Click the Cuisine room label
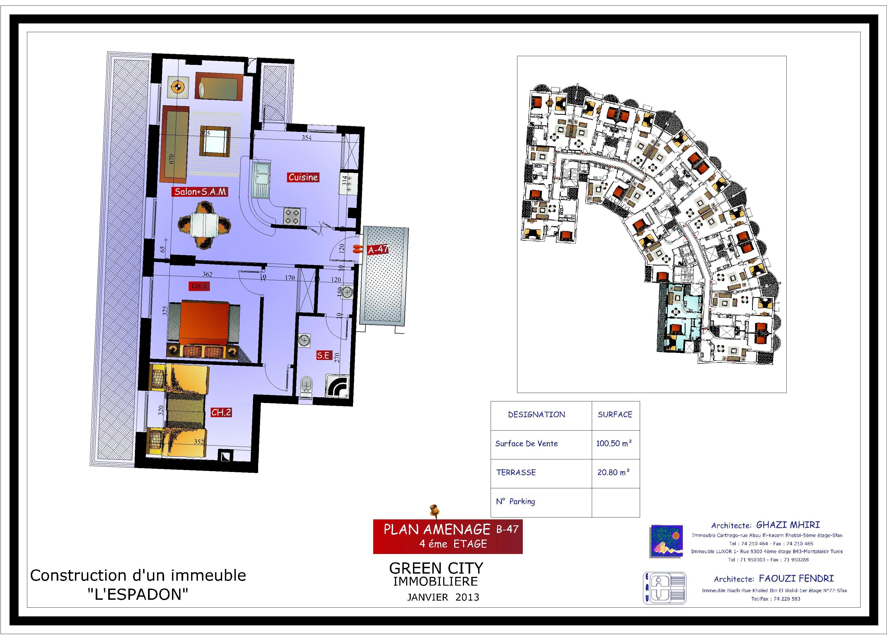tap(303, 177)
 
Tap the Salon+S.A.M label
tap(200, 192)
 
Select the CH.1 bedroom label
tap(199, 286)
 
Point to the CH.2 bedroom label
tap(221, 412)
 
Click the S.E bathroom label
tap(323, 355)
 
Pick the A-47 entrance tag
tap(378, 249)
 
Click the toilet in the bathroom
tap(306, 386)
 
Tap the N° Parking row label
tap(515, 501)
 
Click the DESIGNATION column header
tap(536, 414)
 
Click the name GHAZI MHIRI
tap(788, 525)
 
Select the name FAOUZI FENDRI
tap(796, 579)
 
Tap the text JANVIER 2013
tap(443, 597)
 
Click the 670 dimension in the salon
tap(171, 158)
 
